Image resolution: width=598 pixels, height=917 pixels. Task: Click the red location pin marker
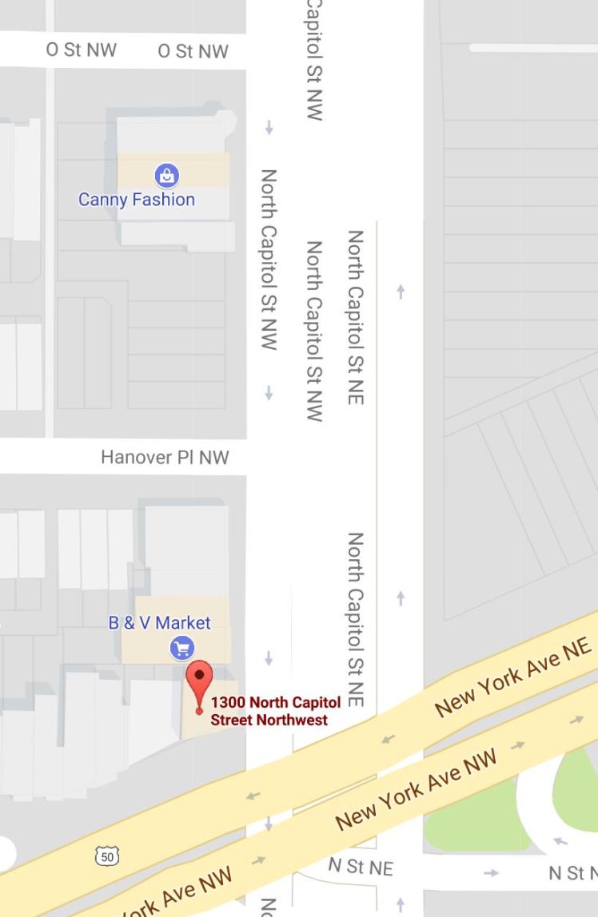point(199,681)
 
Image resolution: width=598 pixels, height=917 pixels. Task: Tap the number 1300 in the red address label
point(228,703)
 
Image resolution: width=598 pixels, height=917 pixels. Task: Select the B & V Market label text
point(159,623)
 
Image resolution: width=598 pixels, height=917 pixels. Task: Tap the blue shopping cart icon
point(182,648)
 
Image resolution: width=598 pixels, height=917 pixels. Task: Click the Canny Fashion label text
point(137,199)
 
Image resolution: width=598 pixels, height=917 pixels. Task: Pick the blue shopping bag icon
point(166,174)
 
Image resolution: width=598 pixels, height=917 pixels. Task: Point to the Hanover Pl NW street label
point(165,457)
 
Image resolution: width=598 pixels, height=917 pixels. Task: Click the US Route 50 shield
point(106,857)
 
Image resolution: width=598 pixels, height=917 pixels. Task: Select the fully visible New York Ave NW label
point(416,789)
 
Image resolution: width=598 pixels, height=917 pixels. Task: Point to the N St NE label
point(361,867)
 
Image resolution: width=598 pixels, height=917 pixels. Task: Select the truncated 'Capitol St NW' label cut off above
point(314,60)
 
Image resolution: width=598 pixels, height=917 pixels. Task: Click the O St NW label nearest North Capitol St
point(193,51)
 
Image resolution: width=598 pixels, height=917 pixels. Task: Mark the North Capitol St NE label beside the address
point(356,619)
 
